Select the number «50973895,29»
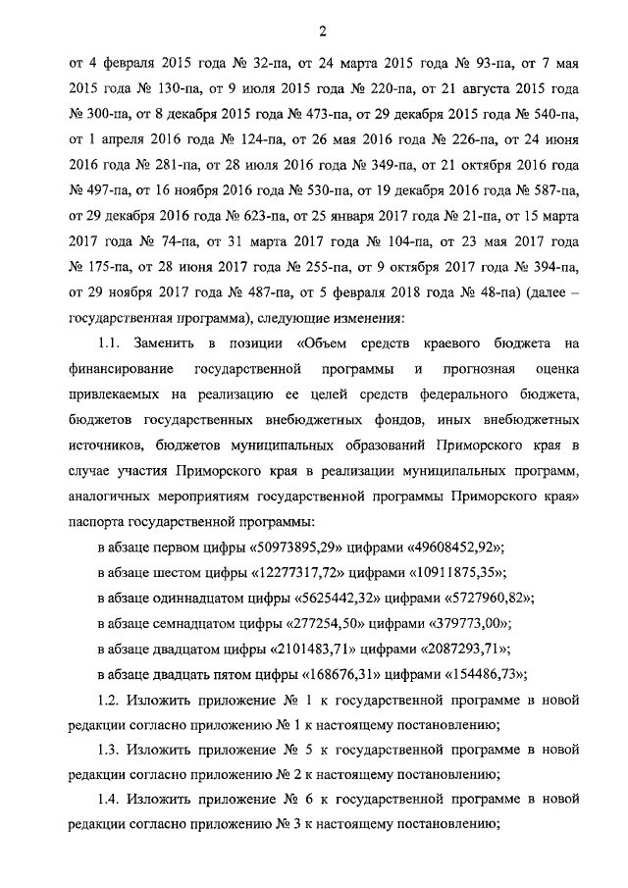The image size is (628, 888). point(305,546)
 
